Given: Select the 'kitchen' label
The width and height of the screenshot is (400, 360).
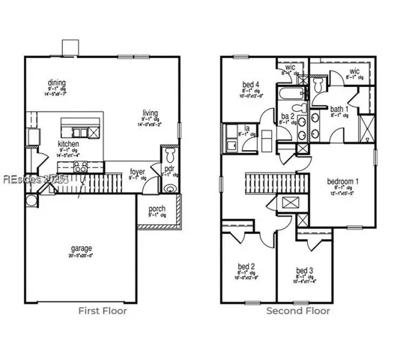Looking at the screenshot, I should click(69, 143).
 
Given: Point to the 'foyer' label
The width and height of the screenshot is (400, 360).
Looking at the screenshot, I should click(137, 171).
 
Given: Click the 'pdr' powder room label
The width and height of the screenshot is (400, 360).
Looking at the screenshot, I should click(169, 170).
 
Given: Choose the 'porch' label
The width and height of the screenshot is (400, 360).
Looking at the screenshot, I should click(157, 208).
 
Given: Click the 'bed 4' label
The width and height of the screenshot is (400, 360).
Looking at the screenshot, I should click(250, 84).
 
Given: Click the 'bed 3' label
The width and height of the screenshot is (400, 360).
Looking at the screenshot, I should click(303, 270).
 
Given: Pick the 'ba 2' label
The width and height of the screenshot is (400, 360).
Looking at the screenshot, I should click(286, 116).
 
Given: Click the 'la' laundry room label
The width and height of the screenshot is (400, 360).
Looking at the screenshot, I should click(246, 128).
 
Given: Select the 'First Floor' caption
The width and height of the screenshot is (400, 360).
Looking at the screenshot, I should click(103, 310).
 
